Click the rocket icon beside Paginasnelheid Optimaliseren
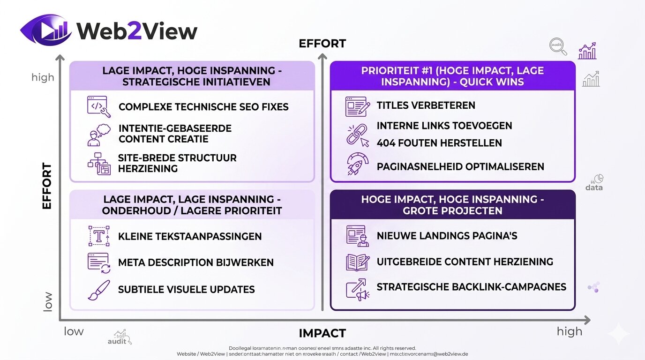pos(357,165)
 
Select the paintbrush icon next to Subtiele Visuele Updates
pos(98,290)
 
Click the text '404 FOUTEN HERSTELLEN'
pos(439,143)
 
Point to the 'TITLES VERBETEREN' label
pos(426,105)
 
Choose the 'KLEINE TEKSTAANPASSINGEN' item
pos(190,236)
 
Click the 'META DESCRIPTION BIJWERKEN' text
pos(196,262)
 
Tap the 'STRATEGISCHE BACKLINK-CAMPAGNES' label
pos(471,287)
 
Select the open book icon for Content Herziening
pos(358,262)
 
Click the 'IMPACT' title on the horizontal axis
pos(322,333)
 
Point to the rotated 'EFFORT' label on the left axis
pos(47,186)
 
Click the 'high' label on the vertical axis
pos(43,77)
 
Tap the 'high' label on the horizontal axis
pos(569,331)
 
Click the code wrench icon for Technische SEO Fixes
pos(98,106)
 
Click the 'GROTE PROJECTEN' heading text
pos(452,210)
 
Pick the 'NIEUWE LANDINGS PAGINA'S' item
pos(447,236)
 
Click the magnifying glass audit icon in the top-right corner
pos(558,46)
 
